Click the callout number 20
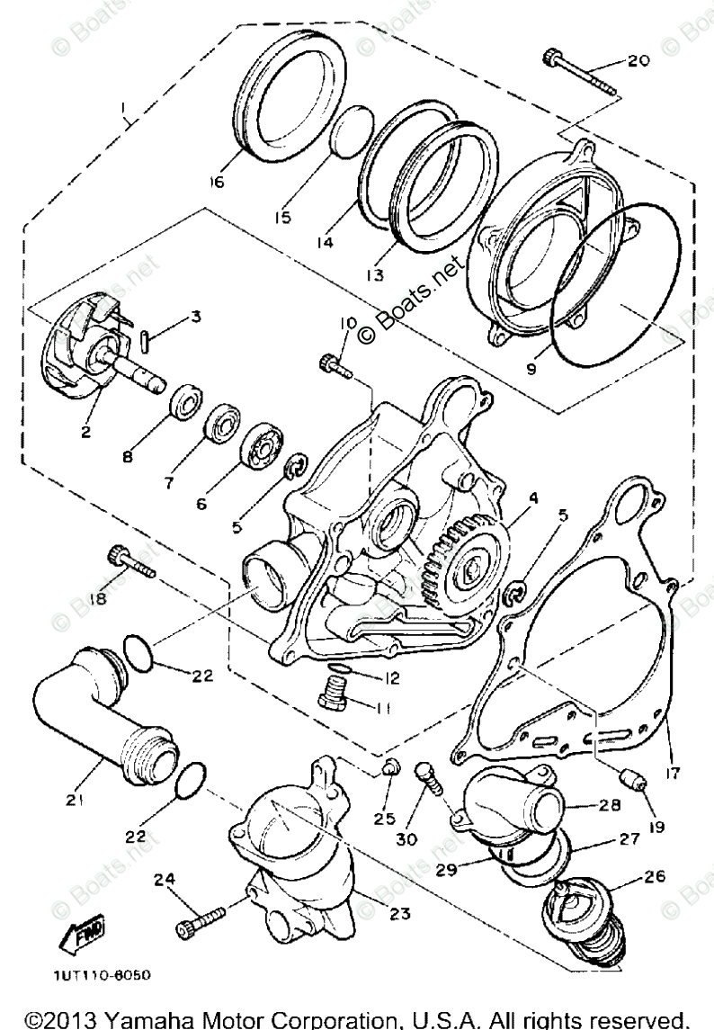(638, 61)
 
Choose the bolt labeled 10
(334, 368)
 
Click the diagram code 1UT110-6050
(101, 974)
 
